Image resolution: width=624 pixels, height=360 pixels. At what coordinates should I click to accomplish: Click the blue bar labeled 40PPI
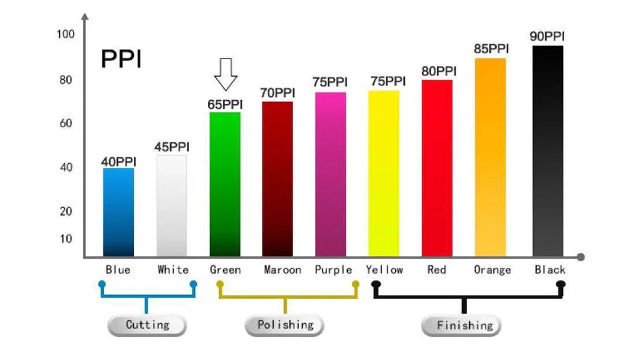click(118, 212)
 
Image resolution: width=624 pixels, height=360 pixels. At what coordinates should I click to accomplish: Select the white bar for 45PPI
click(172, 206)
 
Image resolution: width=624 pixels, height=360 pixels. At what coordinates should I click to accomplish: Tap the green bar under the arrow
click(225, 185)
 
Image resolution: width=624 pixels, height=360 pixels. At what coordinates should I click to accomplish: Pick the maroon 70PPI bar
click(278, 179)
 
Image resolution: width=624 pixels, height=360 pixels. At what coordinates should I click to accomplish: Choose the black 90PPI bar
click(547, 151)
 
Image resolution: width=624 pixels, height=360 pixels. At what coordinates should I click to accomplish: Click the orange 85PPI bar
click(490, 157)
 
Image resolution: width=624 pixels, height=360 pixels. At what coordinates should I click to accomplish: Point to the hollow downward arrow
click(226, 74)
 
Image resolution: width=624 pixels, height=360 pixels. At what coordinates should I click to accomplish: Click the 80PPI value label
click(439, 71)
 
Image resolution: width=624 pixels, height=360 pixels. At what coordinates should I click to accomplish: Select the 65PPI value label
click(225, 104)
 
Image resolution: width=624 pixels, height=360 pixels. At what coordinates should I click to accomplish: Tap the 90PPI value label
click(547, 36)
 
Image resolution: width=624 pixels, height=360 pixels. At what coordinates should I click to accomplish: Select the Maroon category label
click(282, 270)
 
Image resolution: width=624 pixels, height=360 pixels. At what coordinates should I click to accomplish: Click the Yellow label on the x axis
click(384, 270)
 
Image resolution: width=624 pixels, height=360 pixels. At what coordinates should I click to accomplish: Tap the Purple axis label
click(333, 270)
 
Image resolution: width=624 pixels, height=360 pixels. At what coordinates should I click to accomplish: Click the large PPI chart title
click(121, 59)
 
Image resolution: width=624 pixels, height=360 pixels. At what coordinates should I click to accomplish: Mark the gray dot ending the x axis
click(580, 257)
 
